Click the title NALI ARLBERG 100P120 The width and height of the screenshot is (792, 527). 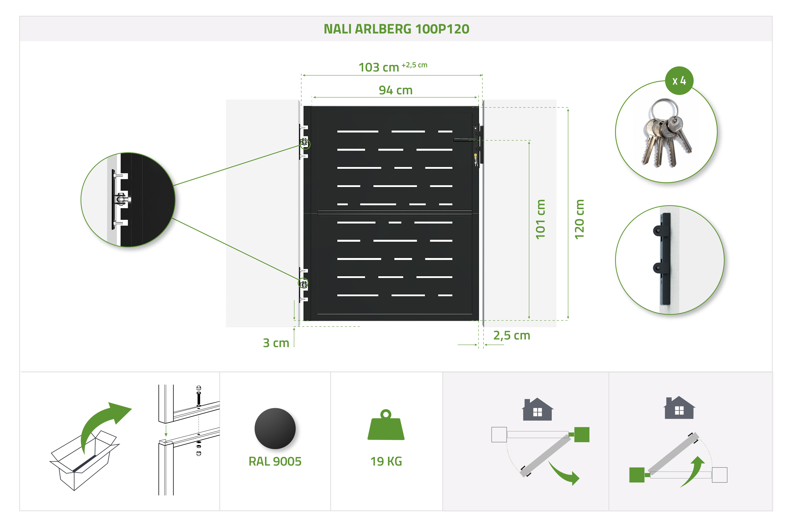tap(396, 29)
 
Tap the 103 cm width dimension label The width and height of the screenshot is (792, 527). tap(379, 68)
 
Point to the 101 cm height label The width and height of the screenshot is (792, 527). tap(540, 219)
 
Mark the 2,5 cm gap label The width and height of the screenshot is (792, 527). tap(511, 335)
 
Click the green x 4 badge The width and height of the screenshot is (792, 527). tap(679, 81)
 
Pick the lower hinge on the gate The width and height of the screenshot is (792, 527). tap(304, 284)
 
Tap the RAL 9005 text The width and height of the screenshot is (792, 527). tap(275, 461)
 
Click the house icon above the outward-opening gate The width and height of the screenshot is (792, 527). tap(537, 409)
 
